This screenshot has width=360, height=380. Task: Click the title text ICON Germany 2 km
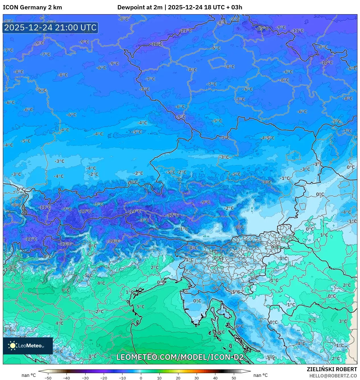[32, 7]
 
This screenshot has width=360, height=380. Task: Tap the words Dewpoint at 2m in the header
[140, 7]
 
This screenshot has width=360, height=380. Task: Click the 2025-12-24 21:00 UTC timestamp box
[50, 28]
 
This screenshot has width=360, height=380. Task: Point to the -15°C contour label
[262, 28]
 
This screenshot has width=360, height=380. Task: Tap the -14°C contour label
[134, 211]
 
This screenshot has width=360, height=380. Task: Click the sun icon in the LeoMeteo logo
[13, 346]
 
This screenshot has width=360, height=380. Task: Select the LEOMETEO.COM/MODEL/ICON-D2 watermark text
[180, 357]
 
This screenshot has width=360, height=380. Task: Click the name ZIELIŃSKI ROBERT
[332, 369]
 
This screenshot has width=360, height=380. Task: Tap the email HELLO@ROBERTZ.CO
[333, 376]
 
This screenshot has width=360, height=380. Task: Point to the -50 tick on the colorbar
[48, 378]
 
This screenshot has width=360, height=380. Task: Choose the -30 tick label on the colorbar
[85, 378]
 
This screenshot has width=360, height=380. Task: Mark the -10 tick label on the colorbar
[122, 378]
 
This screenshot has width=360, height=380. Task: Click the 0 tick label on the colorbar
[141, 378]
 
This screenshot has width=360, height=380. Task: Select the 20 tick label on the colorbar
[178, 378]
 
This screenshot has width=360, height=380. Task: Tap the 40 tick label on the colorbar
[215, 378]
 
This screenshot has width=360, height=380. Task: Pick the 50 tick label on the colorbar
[234, 378]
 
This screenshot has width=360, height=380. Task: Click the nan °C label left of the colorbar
[29, 375]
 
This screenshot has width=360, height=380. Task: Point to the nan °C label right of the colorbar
[260, 375]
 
